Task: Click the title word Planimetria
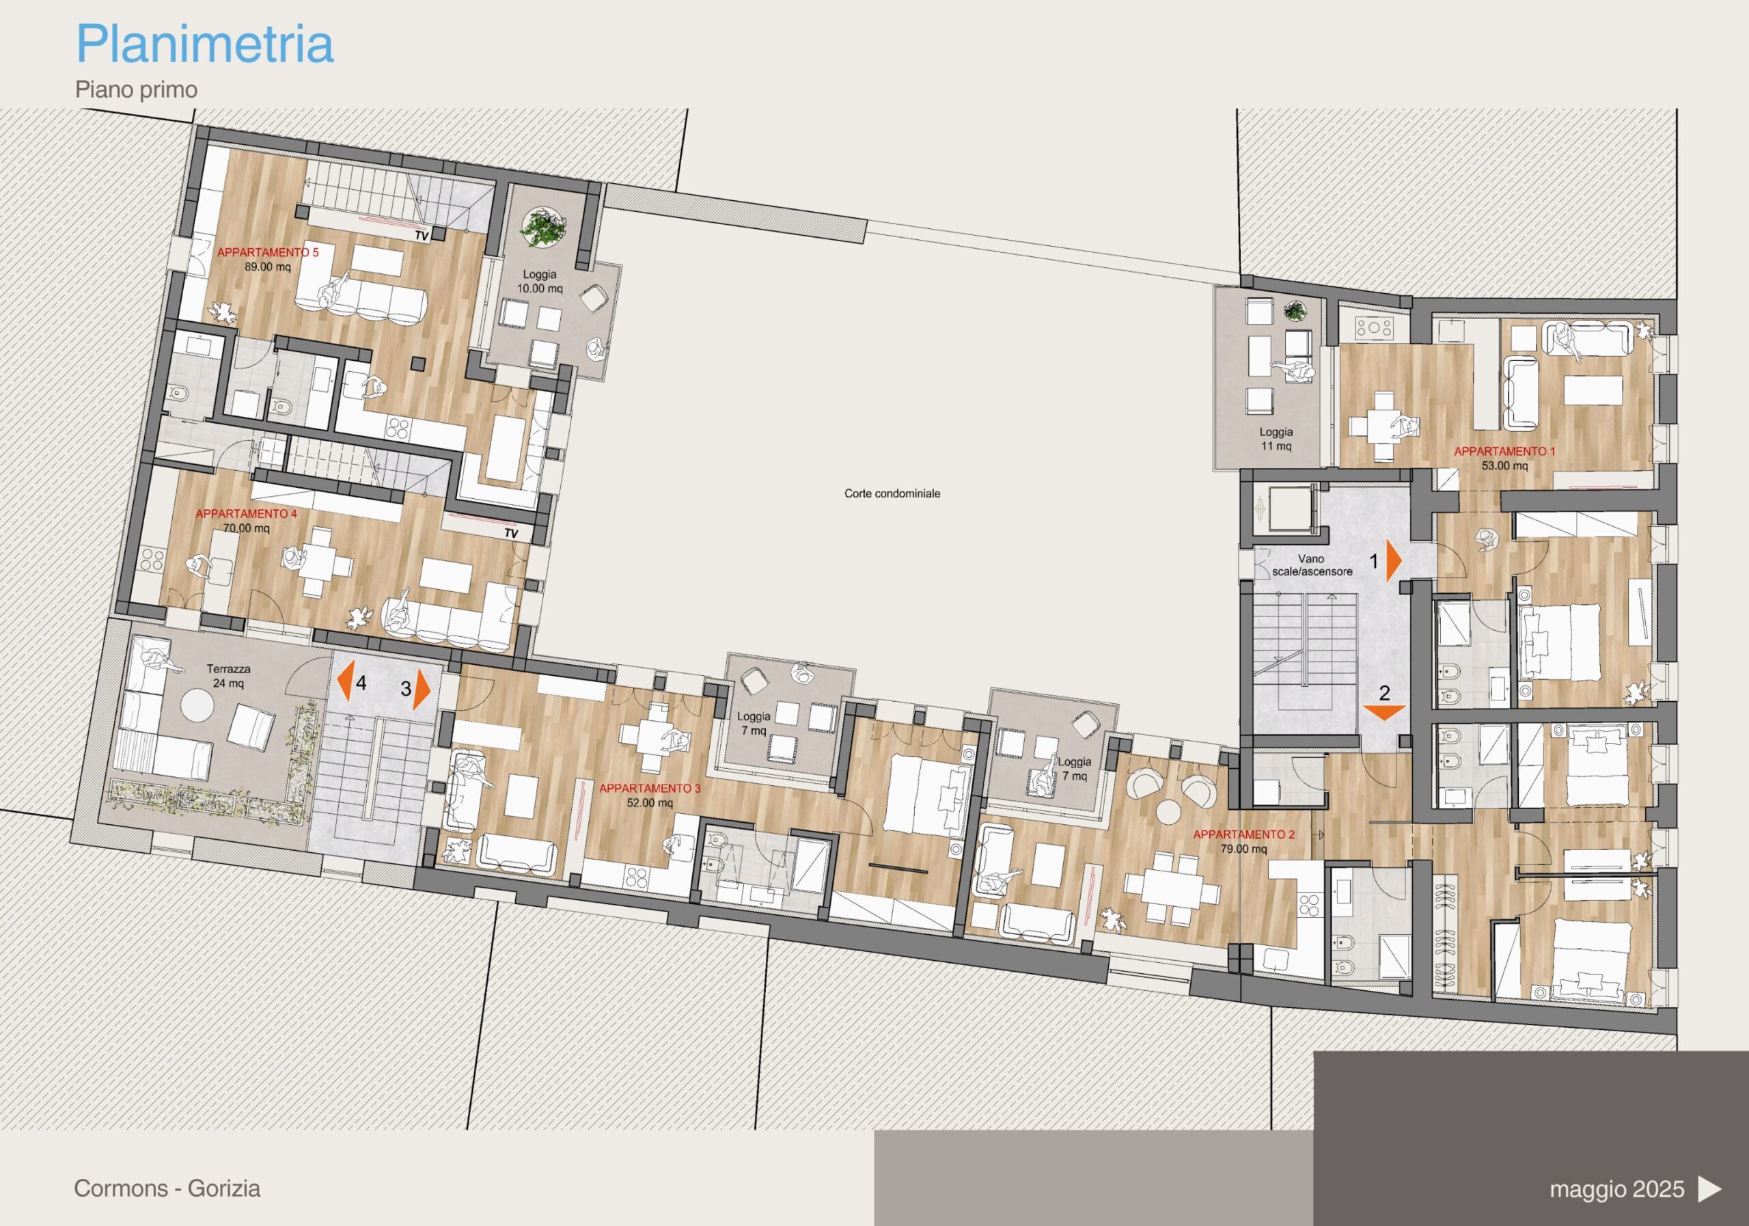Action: (205, 44)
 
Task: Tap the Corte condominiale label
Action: (892, 494)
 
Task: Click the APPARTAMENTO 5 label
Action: (268, 252)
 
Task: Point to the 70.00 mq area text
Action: (246, 528)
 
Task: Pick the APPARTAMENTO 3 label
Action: (650, 789)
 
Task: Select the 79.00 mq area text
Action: (1244, 849)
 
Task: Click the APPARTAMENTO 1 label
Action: (1504, 452)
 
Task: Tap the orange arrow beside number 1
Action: (1394, 562)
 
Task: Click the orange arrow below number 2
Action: (1384, 713)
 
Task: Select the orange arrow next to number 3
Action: (423, 690)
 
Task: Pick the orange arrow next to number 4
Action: (344, 681)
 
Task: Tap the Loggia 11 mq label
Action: (1276, 439)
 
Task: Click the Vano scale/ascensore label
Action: (1312, 565)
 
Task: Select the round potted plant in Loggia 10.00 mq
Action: (543, 226)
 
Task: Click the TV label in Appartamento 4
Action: (511, 533)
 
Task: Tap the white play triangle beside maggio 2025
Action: (1710, 1188)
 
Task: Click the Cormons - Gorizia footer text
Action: (167, 1188)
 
